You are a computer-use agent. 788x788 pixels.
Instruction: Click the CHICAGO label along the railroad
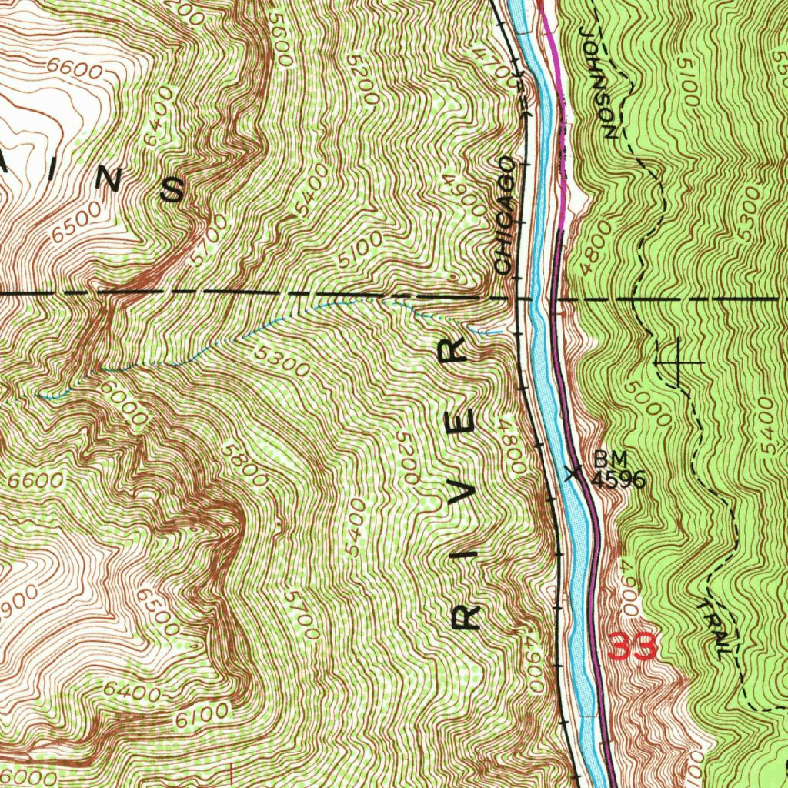tap(506, 215)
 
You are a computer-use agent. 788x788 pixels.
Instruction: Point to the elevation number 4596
tap(617, 480)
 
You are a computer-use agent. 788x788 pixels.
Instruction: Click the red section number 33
tap(633, 647)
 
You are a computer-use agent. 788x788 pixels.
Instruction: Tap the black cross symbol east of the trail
tap(678, 362)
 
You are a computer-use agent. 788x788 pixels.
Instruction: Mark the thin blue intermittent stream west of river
tap(231, 339)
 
